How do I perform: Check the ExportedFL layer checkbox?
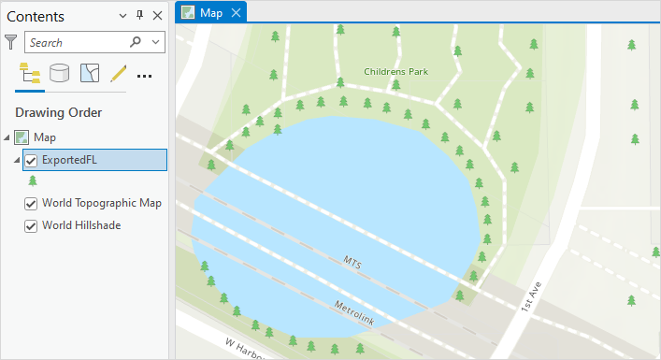point(31,160)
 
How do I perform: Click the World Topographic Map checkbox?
point(31,204)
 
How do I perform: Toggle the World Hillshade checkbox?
point(31,225)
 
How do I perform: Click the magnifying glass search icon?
point(137,42)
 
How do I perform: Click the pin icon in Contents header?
point(140,16)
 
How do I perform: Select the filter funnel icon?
point(11,42)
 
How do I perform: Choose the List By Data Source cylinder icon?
point(60,74)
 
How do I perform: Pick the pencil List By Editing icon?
point(118,74)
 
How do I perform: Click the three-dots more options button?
point(145,75)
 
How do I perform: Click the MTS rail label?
point(352,261)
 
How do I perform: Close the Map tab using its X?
point(236,12)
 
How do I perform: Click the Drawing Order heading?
point(58,113)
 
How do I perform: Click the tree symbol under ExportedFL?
point(33,180)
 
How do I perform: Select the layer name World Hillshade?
point(81,225)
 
